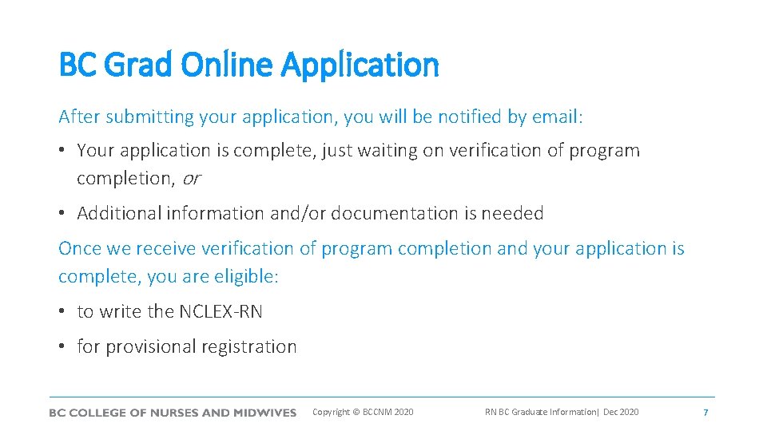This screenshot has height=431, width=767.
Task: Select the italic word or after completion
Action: [x=191, y=179]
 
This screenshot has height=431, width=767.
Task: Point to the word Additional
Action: [x=119, y=214]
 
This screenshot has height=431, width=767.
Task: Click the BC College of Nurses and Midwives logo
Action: [x=173, y=413]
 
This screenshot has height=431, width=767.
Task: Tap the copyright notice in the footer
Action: [x=363, y=412]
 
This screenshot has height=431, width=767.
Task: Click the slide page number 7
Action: [x=705, y=413]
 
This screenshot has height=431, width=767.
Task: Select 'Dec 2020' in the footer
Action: [x=621, y=412]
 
